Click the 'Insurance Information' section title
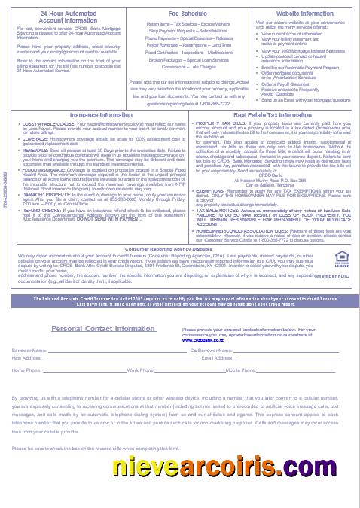(x=90, y=115)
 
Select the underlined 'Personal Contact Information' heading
(x=104, y=328)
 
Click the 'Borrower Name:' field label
(x=30, y=350)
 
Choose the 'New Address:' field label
(x=28, y=357)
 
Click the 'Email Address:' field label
(x=218, y=357)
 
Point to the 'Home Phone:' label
(x=27, y=370)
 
